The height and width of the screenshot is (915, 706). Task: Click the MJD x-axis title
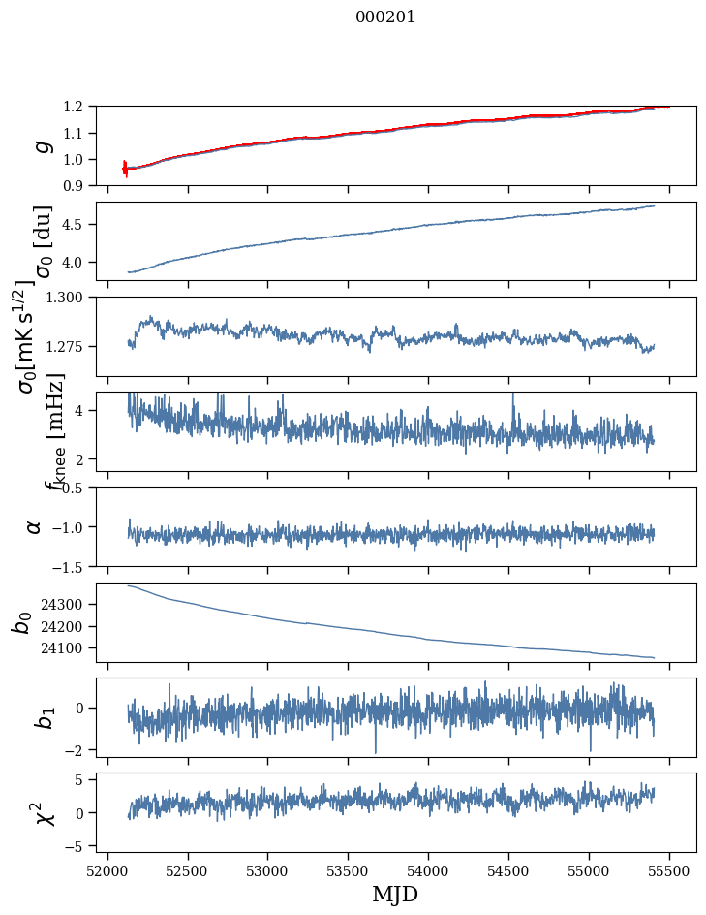[x=395, y=894]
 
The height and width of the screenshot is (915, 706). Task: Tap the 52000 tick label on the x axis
[x=107, y=869]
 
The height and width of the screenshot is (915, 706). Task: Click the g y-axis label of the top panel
[x=41, y=146]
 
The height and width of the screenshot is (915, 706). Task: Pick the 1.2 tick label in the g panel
[x=78, y=107]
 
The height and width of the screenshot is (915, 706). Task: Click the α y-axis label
[x=35, y=526]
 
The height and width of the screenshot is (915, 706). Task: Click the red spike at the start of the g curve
[x=125, y=168]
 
